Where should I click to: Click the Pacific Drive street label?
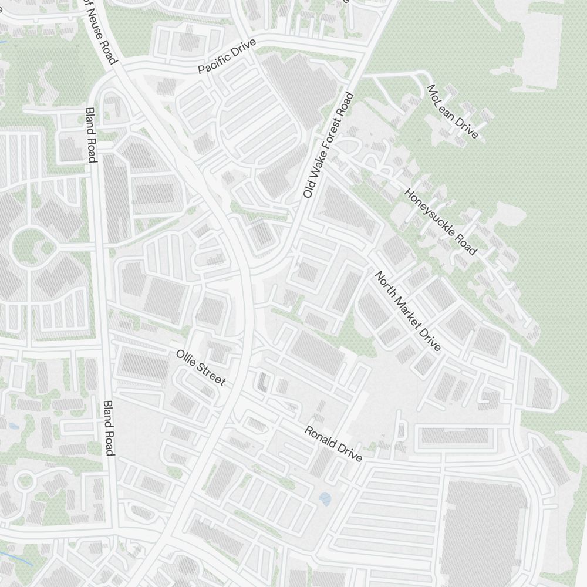[x=227, y=57]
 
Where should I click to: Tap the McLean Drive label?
[x=452, y=112]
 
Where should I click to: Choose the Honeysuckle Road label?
[x=440, y=222]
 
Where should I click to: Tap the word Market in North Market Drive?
[x=408, y=312]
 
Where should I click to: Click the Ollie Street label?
[x=201, y=368]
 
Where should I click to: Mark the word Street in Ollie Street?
[x=211, y=375]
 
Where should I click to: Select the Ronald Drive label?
[x=333, y=444]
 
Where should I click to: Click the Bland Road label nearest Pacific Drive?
[x=90, y=134]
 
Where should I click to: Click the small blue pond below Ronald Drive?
[x=325, y=500]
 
